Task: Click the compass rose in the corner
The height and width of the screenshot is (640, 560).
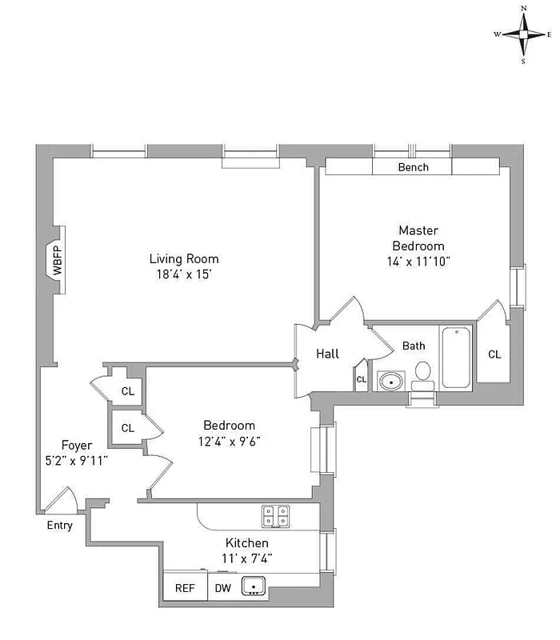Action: coord(523,34)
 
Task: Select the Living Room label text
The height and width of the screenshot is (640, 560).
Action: coord(183,258)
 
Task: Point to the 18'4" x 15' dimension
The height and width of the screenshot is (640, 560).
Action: coord(183,274)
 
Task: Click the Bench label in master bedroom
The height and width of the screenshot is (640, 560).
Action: coord(413,167)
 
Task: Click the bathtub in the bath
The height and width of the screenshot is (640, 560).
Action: coord(455,358)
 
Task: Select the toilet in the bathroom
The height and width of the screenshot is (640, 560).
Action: coord(423,374)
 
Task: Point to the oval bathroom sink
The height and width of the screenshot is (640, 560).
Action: coord(391,381)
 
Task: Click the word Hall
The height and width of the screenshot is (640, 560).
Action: coord(327,354)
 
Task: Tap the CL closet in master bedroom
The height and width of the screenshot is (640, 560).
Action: coord(494,354)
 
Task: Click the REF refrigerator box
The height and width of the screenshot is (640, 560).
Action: coord(185,588)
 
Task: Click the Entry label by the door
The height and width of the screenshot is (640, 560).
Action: coord(59,526)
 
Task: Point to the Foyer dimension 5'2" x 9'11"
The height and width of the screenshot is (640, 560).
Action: coord(78,460)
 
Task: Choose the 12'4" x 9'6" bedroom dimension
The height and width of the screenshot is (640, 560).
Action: coord(229,440)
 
